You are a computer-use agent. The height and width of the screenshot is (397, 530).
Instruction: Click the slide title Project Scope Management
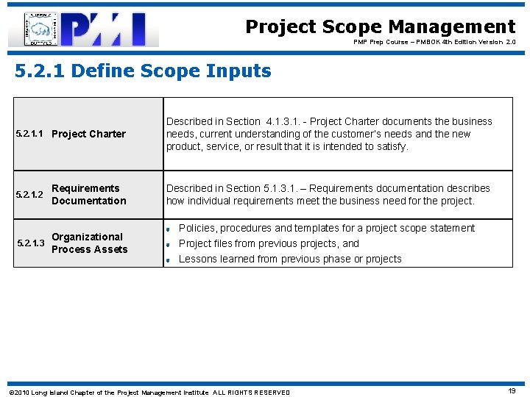tap(380, 27)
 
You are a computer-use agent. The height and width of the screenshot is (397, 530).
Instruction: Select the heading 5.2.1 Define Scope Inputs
tap(144, 71)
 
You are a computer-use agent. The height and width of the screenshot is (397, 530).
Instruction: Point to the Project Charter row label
tap(88, 134)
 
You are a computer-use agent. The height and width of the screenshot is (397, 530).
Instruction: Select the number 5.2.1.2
tap(30, 195)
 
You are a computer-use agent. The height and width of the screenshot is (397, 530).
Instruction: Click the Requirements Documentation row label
tap(88, 195)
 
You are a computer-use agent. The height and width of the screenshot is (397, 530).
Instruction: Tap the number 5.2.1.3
tap(30, 243)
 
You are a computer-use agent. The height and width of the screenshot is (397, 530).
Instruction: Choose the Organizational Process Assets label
tap(89, 243)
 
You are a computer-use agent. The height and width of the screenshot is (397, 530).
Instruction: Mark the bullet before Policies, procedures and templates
tap(169, 229)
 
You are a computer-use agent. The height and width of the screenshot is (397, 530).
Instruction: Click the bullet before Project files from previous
tap(169, 244)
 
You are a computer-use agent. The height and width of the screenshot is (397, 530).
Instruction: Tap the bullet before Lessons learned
tap(169, 260)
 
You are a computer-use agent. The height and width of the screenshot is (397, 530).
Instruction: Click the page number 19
tap(511, 392)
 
